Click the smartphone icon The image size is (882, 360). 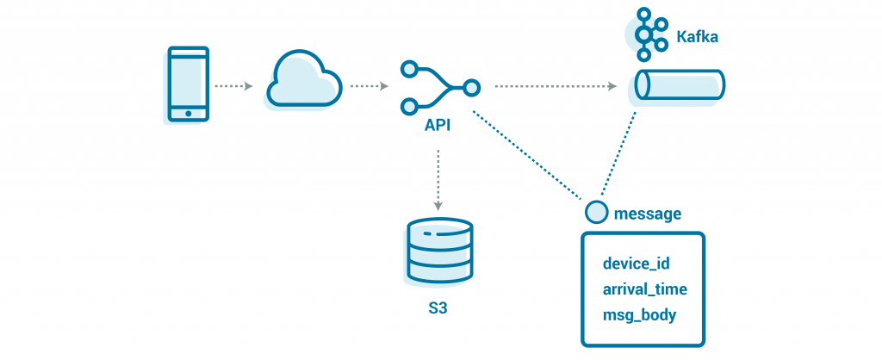188,85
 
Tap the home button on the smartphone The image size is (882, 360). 188,113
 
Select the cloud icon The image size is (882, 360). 302,82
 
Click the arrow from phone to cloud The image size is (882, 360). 233,86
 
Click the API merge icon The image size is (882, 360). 438,87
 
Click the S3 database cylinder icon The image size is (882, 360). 440,250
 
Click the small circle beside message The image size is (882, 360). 593,212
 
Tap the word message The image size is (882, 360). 647,213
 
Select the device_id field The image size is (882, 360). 636,263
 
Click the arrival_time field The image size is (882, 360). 644,289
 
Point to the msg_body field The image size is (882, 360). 639,314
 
